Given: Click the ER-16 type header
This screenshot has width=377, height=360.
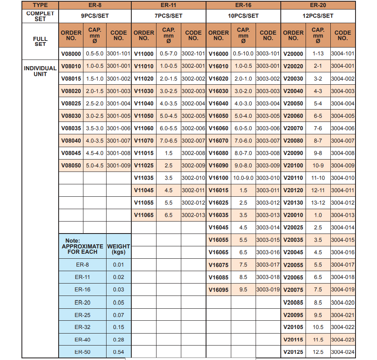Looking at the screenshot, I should [243, 5].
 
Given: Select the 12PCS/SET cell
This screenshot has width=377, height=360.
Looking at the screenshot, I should [318, 16].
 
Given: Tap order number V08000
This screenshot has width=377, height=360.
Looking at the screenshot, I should [71, 54].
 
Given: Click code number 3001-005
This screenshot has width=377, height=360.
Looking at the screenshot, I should [119, 116].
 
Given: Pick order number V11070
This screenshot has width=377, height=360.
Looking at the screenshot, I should [144, 141].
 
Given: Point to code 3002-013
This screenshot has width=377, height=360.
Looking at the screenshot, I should [193, 215].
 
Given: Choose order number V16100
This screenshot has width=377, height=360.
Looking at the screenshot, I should [218, 178].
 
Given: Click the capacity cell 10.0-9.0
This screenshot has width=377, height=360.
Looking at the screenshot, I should [243, 178].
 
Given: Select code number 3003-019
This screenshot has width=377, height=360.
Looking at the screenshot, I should [268, 290].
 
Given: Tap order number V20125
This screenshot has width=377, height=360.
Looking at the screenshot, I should [293, 352].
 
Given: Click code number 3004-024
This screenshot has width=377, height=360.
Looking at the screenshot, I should [343, 352].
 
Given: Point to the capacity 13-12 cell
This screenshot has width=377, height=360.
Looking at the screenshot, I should [318, 203].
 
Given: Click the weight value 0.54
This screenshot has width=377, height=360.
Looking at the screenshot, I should [119, 352].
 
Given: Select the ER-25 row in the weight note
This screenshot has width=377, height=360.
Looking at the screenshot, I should [82, 315].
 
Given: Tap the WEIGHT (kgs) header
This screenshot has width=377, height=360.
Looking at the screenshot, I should [119, 249].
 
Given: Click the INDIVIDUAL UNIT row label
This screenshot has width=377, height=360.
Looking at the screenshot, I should [40, 71].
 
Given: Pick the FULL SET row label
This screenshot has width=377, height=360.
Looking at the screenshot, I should [40, 41].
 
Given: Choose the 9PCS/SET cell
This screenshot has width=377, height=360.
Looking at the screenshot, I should [95, 16].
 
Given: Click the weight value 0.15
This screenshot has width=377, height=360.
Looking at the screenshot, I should [119, 327].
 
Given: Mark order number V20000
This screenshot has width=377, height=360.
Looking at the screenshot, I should [293, 54].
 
